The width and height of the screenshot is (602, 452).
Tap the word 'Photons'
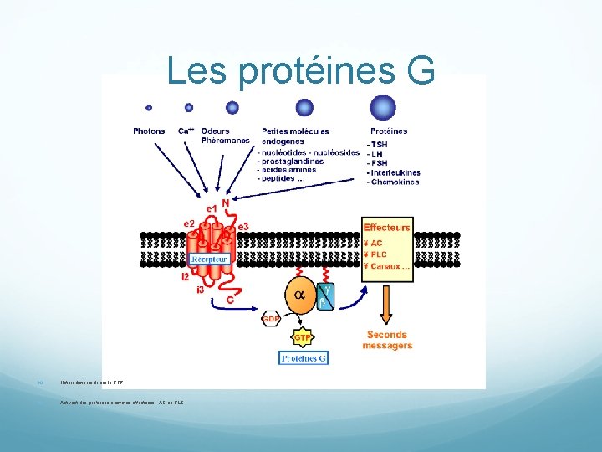pyautogui.click(x=150, y=131)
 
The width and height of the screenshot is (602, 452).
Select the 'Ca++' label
pyautogui.click(x=187, y=131)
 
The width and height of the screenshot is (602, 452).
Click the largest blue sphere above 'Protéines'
pyautogui.click(x=383, y=106)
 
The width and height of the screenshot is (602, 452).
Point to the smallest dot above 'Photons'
pyautogui.click(x=149, y=107)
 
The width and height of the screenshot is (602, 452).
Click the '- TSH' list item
pyautogui.click(x=377, y=144)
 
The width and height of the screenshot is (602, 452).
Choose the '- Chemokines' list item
pyautogui.click(x=394, y=182)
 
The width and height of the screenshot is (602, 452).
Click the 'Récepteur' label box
pyautogui.click(x=209, y=259)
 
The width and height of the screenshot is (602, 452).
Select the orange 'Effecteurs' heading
pyautogui.click(x=386, y=227)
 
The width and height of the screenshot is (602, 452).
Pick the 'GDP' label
pyautogui.click(x=271, y=319)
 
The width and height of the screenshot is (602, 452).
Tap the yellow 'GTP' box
pyautogui.click(x=304, y=337)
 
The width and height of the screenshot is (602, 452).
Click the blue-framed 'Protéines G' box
pyautogui.click(x=304, y=357)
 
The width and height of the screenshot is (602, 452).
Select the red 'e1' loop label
pyautogui.click(x=212, y=207)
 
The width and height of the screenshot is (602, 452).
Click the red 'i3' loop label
pyautogui.click(x=200, y=290)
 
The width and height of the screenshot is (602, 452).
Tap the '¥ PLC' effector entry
pyautogui.click(x=377, y=254)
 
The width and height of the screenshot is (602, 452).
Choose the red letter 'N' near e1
pyautogui.click(x=226, y=203)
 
